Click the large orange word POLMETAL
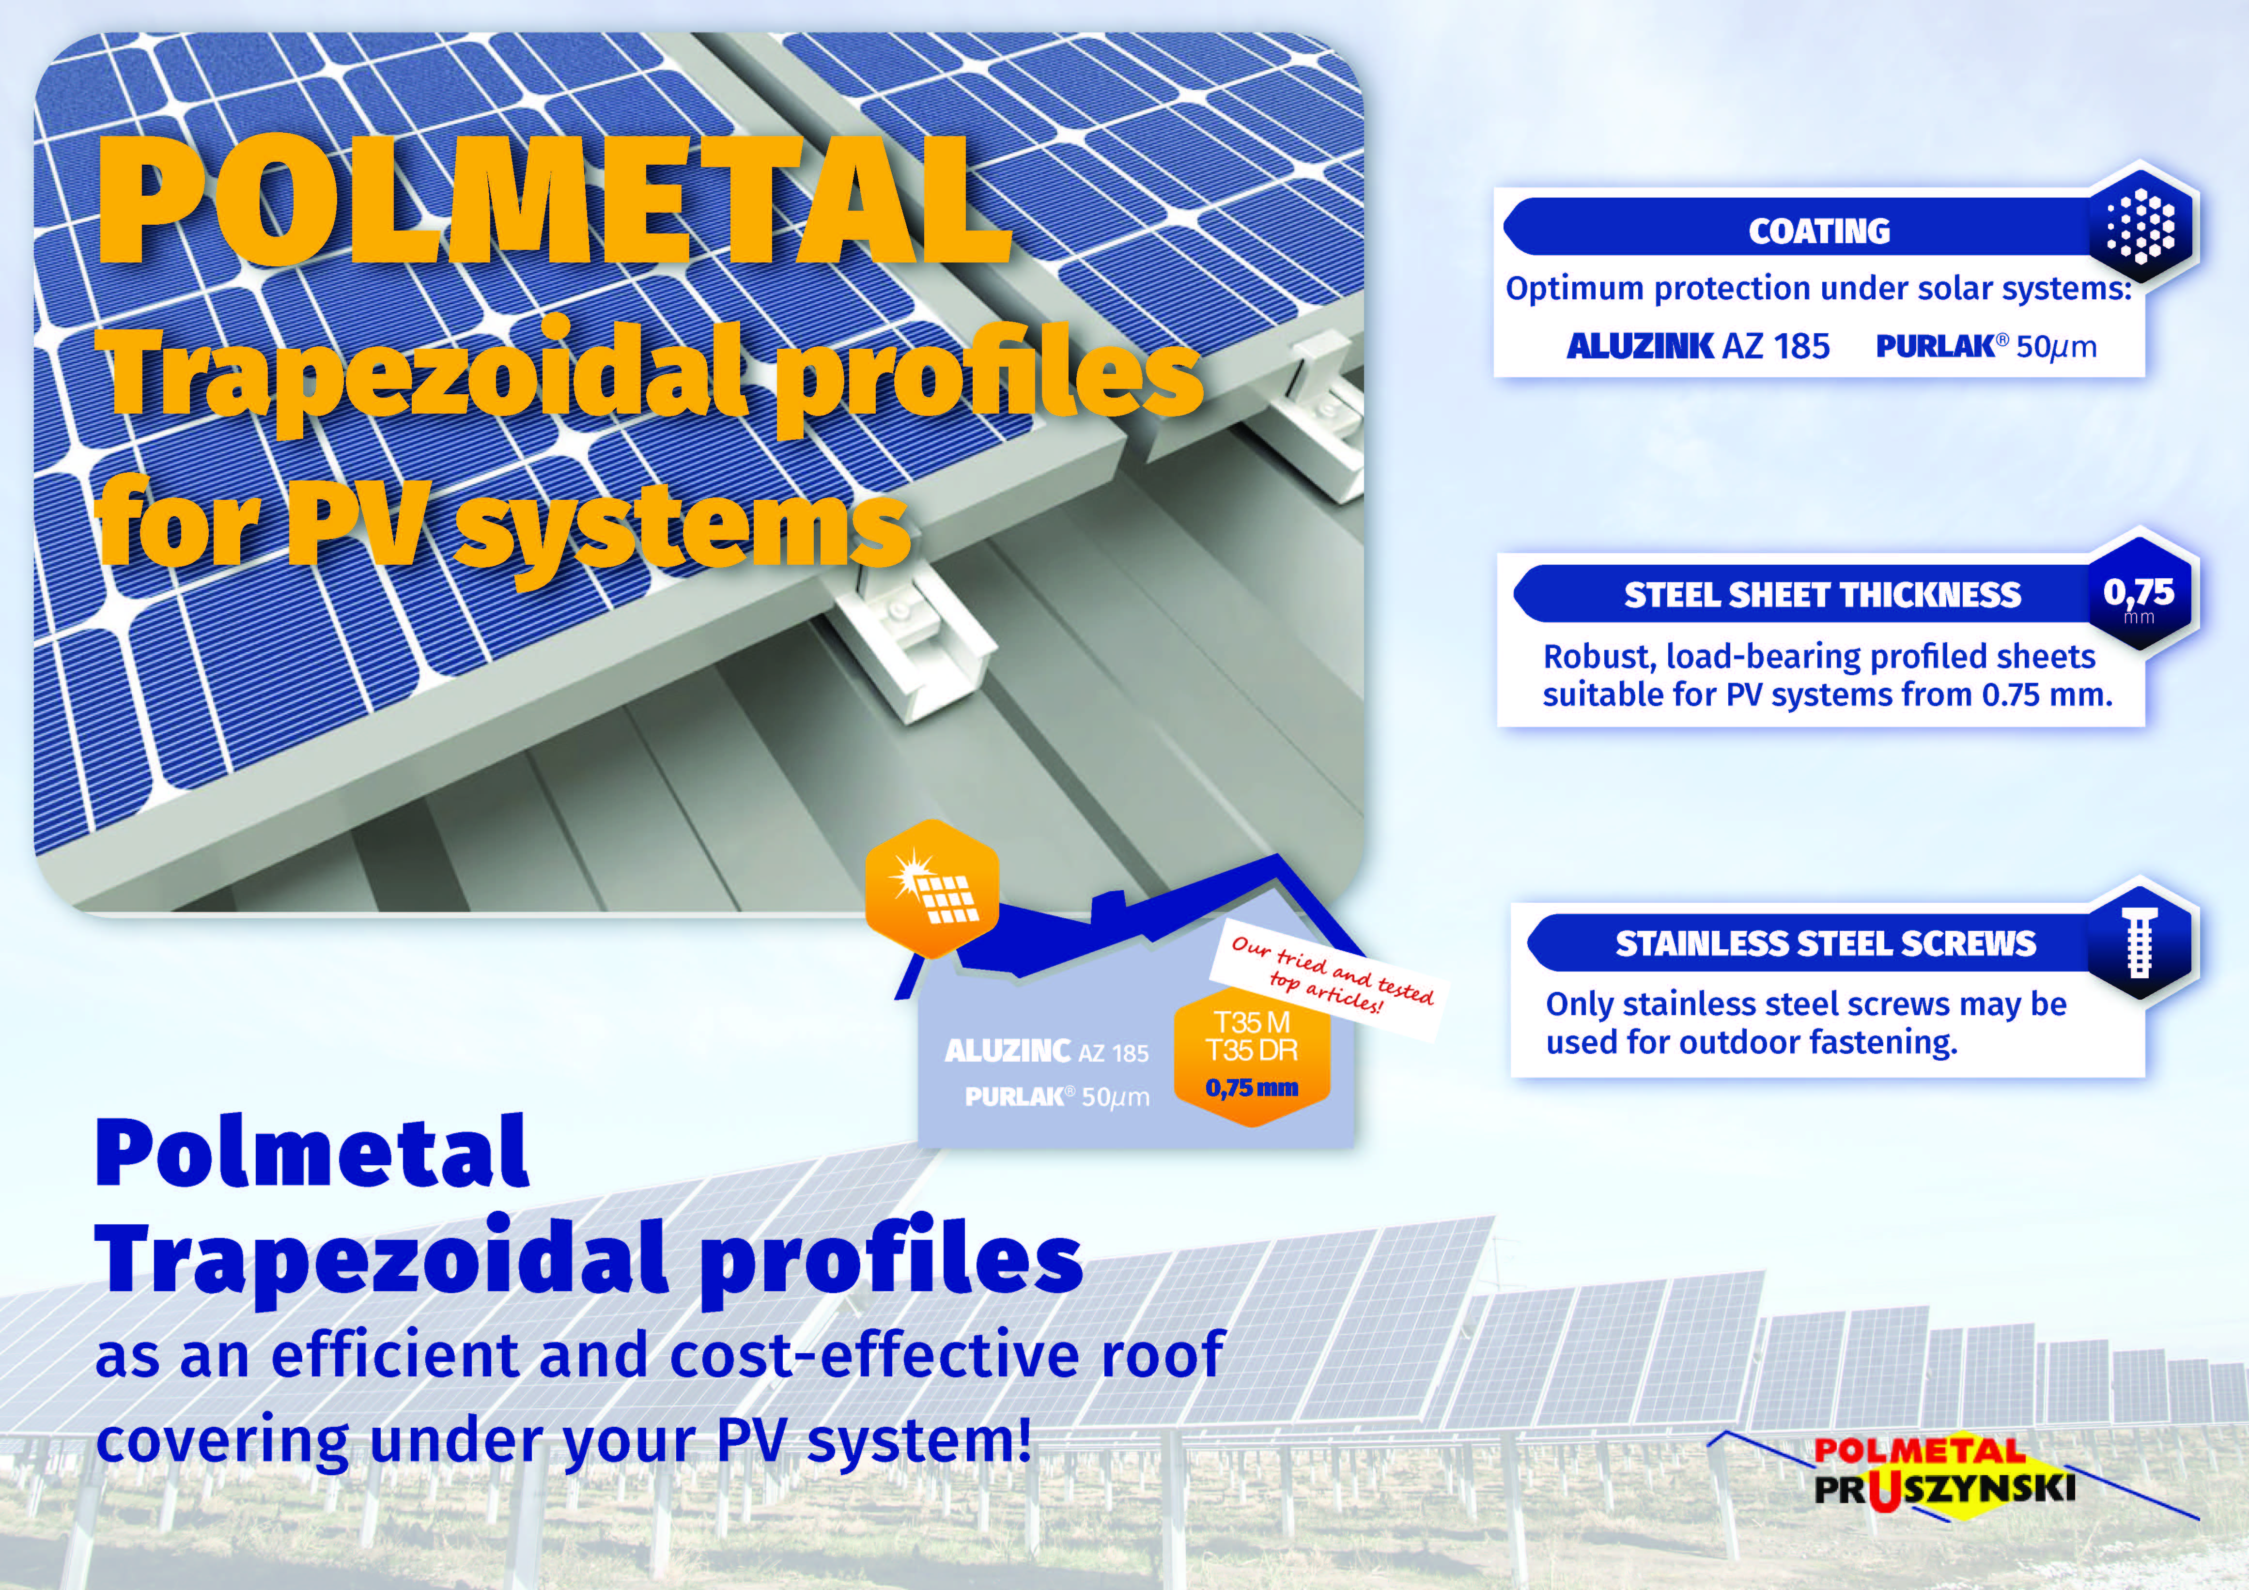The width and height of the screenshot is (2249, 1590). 554,201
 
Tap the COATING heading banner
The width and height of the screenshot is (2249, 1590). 1819,230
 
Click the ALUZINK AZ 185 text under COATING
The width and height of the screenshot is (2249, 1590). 1697,346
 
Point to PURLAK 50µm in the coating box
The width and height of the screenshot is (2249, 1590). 1985,346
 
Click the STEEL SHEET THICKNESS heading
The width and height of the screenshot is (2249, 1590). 1822,595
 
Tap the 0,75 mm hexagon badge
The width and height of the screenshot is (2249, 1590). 2140,595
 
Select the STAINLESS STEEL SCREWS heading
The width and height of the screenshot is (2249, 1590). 1825,943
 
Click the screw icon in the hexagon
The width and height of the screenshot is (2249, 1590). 2140,942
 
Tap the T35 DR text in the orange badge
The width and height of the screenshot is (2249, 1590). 1251,1051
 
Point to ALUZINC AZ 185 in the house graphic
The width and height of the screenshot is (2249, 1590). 1046,1051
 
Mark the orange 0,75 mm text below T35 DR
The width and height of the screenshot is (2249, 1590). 1251,1087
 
